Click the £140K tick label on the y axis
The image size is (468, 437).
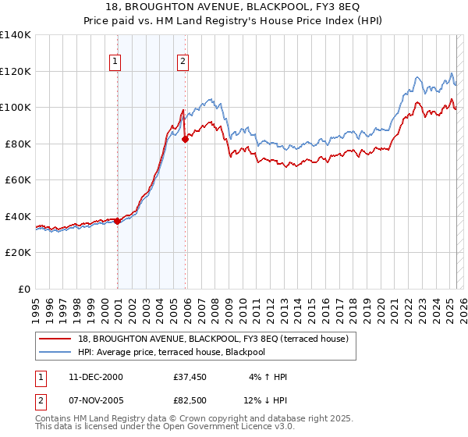(15, 35)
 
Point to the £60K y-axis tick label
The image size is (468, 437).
(17, 180)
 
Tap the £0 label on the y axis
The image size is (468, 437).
(23, 290)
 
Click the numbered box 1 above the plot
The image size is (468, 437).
(115, 62)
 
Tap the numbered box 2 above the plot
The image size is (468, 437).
(183, 62)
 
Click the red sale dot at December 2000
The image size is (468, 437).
(117, 221)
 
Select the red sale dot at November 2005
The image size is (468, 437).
(185, 139)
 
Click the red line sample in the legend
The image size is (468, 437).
(57, 338)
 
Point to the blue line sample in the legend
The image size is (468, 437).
(57, 352)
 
